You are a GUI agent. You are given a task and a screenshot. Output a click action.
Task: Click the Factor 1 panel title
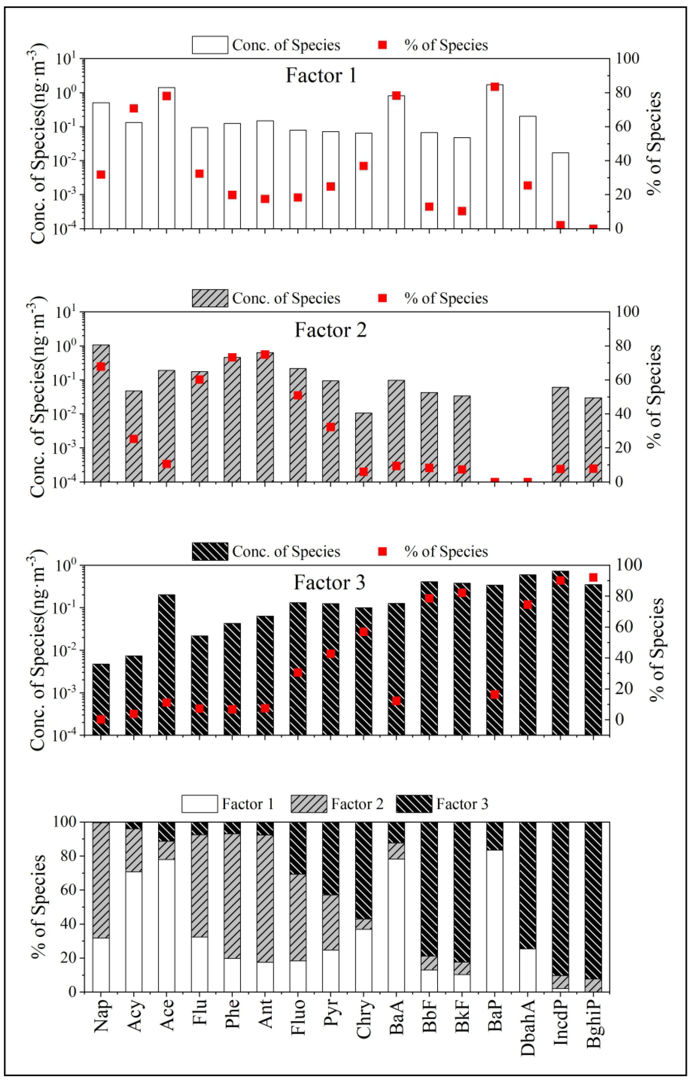coord(321,76)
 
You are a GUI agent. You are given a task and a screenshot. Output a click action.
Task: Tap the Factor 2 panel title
coord(331,330)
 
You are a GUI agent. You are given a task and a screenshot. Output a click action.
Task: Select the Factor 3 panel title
coord(330,582)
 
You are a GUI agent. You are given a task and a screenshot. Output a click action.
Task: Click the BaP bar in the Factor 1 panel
coord(494,158)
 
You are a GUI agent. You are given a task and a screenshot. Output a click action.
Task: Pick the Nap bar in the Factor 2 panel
coord(101,414)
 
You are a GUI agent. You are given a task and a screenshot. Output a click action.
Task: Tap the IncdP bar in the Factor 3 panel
coord(560,653)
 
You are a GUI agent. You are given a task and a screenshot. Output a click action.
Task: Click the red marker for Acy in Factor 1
coord(134,109)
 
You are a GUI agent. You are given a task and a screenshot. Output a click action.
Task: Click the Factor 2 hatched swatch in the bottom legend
coord(309,804)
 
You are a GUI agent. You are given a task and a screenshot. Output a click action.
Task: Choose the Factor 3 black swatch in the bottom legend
coord(414,804)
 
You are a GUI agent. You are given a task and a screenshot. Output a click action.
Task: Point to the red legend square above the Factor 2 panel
coord(382,298)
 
